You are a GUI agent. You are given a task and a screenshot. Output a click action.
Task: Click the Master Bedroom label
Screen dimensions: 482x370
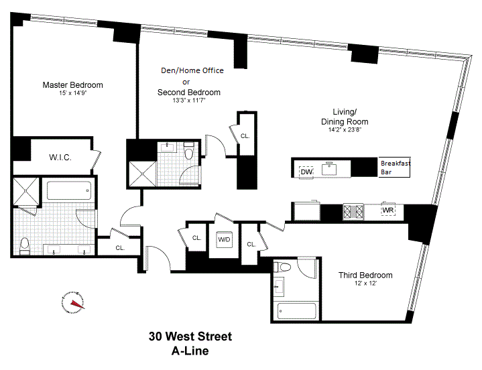pyautogui.click(x=72, y=85)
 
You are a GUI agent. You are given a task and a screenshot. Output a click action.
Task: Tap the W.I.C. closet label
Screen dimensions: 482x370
pyautogui.click(x=60, y=158)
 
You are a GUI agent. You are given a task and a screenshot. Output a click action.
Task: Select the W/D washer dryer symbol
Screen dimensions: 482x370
pyautogui.click(x=224, y=239)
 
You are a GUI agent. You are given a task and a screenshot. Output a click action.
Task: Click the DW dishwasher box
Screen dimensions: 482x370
pyautogui.click(x=306, y=172)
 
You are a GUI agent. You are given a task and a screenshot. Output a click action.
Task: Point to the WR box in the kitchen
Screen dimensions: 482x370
pyautogui.click(x=388, y=210)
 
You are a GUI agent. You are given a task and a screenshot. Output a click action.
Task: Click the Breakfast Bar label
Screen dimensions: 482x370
pyautogui.click(x=396, y=168)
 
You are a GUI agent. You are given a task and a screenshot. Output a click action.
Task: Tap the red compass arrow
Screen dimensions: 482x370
pyautogui.click(x=78, y=304)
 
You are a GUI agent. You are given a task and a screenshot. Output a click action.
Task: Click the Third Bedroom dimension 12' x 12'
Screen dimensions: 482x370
pyautogui.click(x=365, y=284)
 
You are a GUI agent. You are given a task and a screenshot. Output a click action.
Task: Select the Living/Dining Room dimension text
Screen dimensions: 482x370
pyautogui.click(x=345, y=129)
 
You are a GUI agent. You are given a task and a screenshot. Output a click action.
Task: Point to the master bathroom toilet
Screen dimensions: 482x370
pyautogui.click(x=24, y=247)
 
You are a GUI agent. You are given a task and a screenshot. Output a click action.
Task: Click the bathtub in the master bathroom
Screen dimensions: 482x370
pyautogui.click(x=69, y=190)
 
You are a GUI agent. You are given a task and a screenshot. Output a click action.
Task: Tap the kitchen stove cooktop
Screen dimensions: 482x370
pyautogui.click(x=353, y=211)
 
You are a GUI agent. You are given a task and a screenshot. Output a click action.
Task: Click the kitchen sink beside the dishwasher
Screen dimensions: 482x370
pyautogui.click(x=329, y=170)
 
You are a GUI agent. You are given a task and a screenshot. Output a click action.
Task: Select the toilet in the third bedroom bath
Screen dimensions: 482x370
pyautogui.click(x=283, y=267)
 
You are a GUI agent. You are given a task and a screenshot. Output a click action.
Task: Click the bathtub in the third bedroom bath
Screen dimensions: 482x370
pyautogui.click(x=296, y=312)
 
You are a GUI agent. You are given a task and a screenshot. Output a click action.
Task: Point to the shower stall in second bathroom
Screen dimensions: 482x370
pyautogui.click(x=143, y=174)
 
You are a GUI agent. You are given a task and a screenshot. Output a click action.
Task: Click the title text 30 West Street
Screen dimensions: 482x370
pyautogui.click(x=190, y=336)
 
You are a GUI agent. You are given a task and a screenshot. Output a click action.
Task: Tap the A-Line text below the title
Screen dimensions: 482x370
pyautogui.click(x=190, y=351)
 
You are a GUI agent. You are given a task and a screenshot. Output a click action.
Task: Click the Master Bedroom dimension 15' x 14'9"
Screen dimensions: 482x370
pyautogui.click(x=73, y=92)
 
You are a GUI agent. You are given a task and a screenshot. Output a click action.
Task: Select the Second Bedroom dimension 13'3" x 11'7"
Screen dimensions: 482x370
pyautogui.click(x=189, y=100)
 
